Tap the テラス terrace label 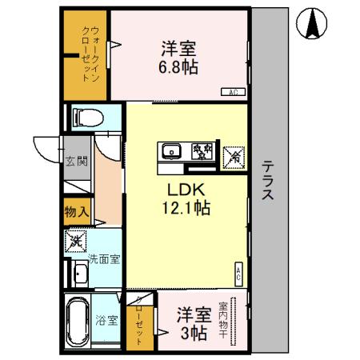click(270, 181)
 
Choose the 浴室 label click(107, 322)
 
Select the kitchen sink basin click(171, 151)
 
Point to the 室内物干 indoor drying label click(234, 320)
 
